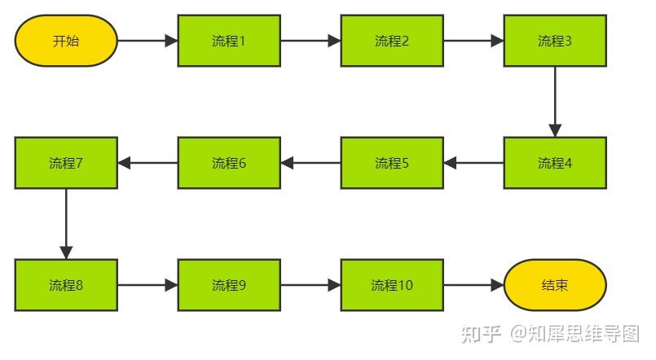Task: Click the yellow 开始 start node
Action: (66, 41)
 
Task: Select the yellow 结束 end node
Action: (555, 285)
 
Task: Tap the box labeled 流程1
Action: (229, 41)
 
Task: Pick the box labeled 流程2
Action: (392, 41)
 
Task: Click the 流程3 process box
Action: (555, 41)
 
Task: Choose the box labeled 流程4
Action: (555, 162)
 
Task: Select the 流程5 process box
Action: (392, 162)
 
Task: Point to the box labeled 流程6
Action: (229, 162)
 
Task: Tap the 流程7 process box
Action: (66, 162)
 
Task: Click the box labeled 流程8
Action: (66, 285)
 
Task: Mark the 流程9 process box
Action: (229, 285)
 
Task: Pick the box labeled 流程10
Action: (392, 285)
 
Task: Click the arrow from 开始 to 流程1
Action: (147, 41)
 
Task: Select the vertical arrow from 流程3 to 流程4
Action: (555, 101)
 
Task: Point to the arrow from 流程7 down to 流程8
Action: (66, 223)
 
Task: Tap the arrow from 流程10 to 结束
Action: (473, 285)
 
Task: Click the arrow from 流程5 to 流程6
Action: (310, 162)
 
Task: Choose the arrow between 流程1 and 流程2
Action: (310, 41)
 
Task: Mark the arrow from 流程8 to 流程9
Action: (147, 285)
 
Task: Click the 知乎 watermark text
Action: (480, 333)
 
